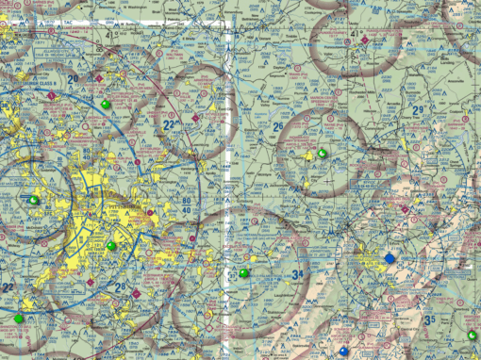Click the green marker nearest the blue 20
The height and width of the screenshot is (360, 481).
(x=105, y=104)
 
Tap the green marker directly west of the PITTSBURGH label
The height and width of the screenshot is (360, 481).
(x=36, y=200)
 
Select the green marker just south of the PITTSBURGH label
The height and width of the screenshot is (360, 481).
(x=111, y=246)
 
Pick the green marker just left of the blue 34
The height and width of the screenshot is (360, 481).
(x=245, y=273)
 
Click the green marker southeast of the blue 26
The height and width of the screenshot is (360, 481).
(x=323, y=154)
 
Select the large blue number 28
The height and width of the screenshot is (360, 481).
(x=119, y=286)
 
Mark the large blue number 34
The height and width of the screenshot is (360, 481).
(x=297, y=275)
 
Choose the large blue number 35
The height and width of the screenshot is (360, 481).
(x=430, y=320)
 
